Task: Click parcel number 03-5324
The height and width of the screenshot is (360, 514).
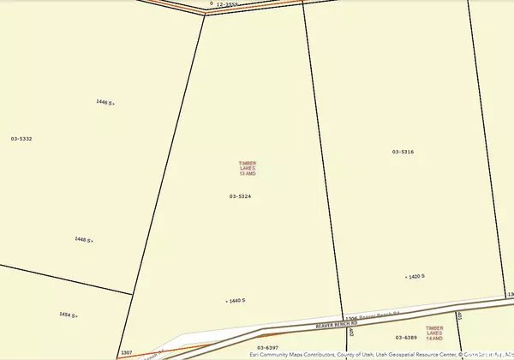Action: point(240,196)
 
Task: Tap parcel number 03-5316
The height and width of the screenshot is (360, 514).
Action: point(403,152)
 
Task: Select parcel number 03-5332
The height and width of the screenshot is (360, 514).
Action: point(21,138)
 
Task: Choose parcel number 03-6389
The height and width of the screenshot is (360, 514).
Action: point(405,339)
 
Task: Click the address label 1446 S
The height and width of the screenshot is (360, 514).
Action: point(105,102)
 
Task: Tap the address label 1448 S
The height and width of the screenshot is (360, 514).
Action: point(83,240)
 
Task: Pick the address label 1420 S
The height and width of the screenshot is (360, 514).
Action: point(415,277)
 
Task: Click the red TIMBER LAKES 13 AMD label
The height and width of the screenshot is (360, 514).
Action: point(248,168)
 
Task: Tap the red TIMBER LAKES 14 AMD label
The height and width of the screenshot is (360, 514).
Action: point(435,332)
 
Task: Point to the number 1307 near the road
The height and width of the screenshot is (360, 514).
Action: point(127,352)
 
